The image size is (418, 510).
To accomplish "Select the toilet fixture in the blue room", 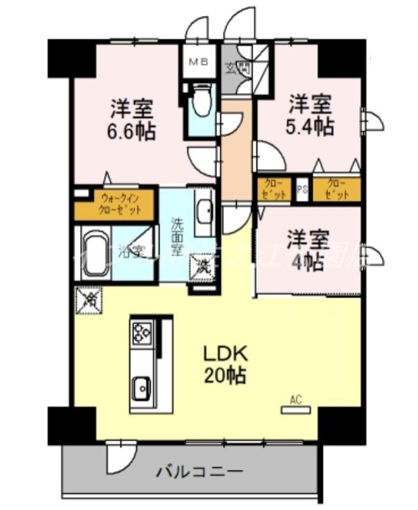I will click(x=202, y=103).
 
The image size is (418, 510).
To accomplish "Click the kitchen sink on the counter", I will click(x=141, y=385).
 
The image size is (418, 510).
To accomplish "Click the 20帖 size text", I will click(x=225, y=375).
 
